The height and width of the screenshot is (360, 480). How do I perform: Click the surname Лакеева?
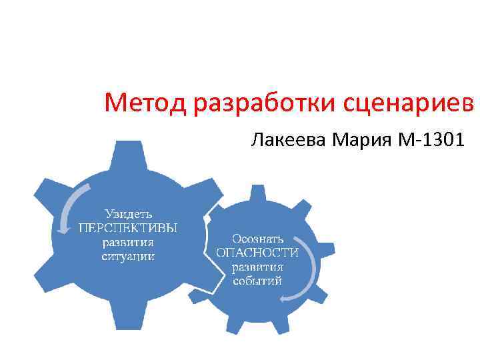point(288,141)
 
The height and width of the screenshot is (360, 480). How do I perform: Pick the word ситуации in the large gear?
point(128,256)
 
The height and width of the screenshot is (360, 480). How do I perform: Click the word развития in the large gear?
point(128,242)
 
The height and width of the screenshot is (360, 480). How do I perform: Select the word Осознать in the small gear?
point(258,238)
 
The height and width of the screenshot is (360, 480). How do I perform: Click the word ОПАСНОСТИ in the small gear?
point(258,253)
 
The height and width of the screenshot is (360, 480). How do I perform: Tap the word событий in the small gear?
point(258,281)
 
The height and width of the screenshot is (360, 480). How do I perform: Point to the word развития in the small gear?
point(258,267)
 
